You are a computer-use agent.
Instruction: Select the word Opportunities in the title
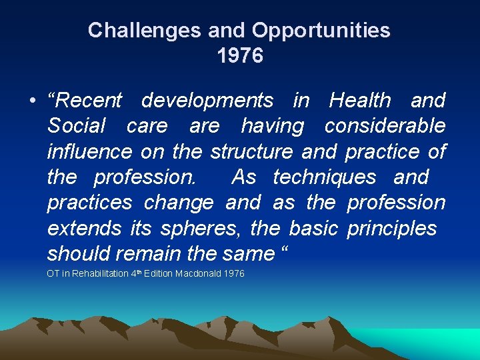(x=321, y=30)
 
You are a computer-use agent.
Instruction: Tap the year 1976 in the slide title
(x=240, y=56)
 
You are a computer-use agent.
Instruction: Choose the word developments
(x=207, y=101)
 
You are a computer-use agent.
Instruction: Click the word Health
(x=360, y=101)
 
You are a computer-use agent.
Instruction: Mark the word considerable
(x=385, y=126)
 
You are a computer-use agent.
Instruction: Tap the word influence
(x=89, y=151)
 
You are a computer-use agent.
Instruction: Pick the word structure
(x=251, y=151)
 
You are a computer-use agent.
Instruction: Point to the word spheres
(x=201, y=228)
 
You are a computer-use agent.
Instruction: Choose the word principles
(x=392, y=228)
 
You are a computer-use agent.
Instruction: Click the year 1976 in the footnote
(x=235, y=274)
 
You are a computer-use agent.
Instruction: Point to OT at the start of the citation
(x=53, y=274)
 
